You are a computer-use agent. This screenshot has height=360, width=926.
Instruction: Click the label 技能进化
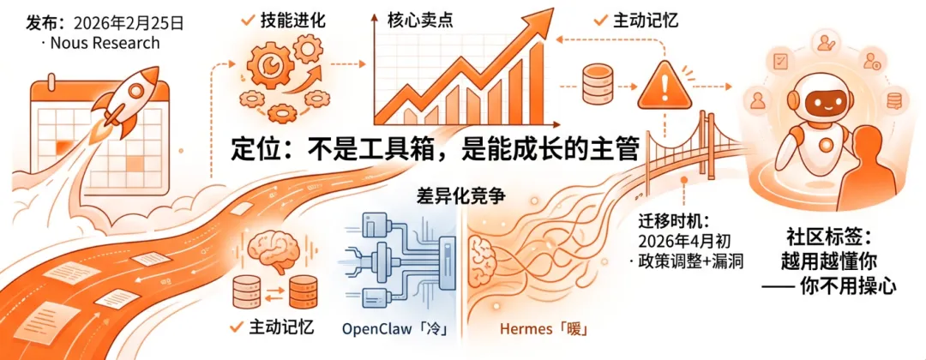293,20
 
